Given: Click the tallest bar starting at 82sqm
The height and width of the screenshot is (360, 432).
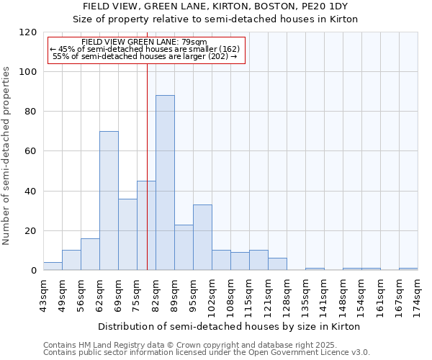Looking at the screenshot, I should point(165,183).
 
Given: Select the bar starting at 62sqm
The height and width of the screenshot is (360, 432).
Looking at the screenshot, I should point(109,201).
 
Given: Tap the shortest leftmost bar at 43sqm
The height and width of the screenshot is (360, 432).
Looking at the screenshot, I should point(53,266).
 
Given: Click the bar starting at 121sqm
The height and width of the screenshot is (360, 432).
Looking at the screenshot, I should point(277,264).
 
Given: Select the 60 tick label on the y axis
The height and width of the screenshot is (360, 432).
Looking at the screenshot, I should point(30,152).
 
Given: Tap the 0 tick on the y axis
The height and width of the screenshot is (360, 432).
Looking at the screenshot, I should point(33,271).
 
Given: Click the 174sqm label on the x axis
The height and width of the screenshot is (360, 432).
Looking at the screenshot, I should point(418,295).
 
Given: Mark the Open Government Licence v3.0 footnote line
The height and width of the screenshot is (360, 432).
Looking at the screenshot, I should point(207,353).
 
